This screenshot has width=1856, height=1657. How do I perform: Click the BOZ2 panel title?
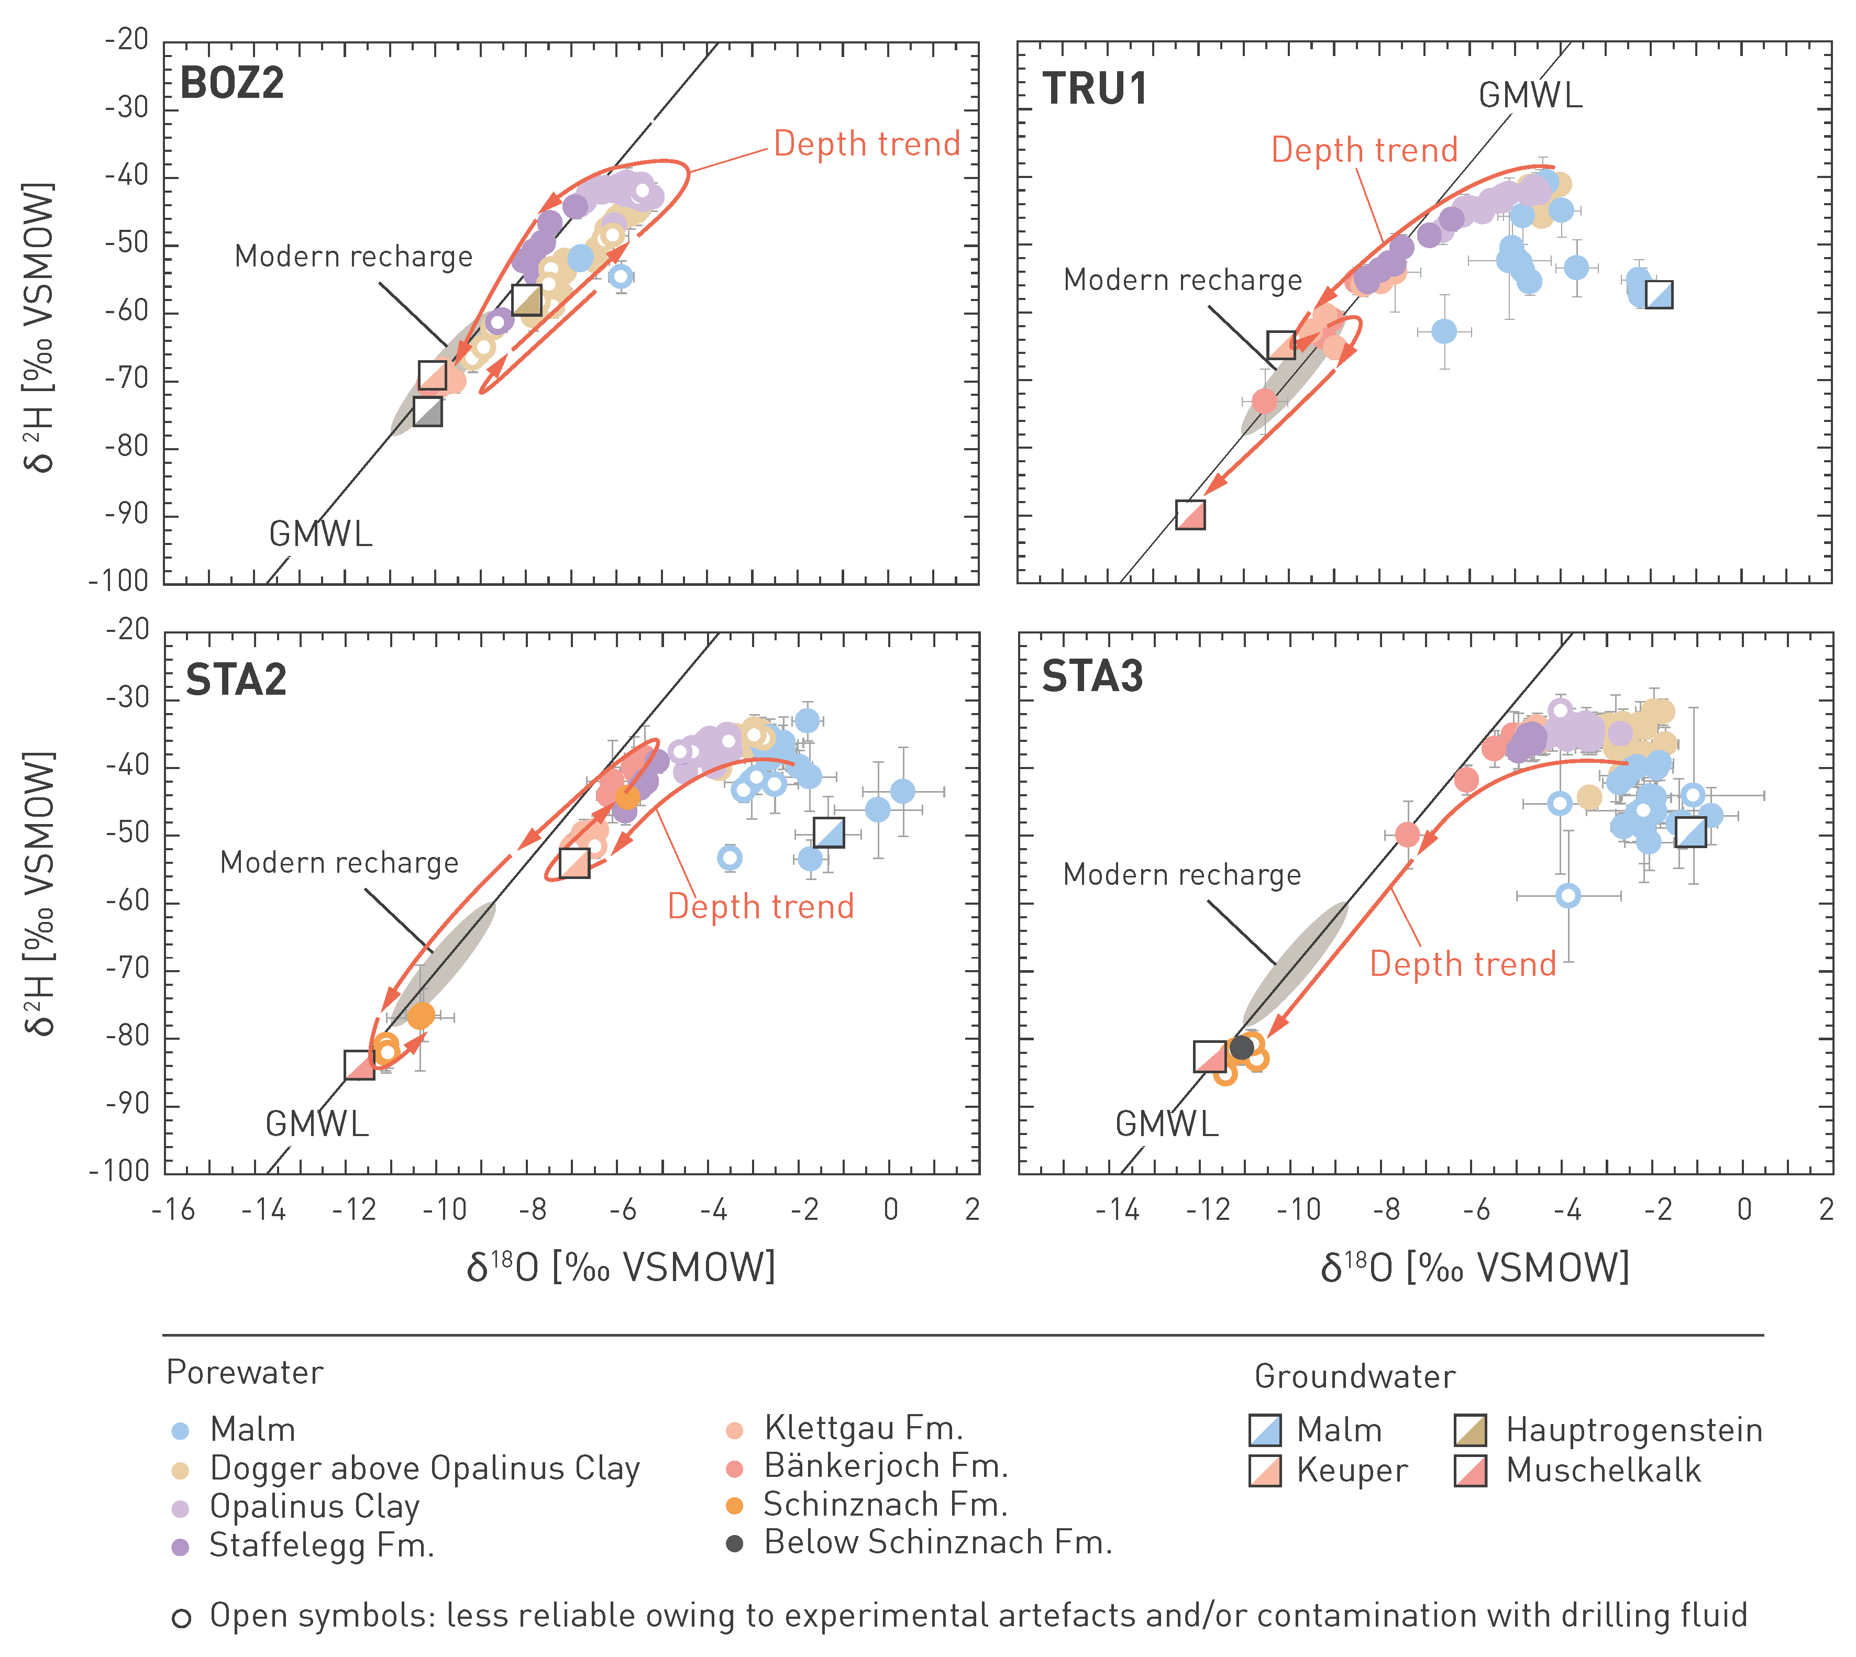[x=232, y=84]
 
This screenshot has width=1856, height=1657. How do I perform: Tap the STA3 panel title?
[x=1092, y=676]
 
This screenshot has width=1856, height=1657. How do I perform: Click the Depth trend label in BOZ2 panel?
[x=867, y=144]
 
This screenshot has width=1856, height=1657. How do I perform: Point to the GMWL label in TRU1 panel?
[x=1530, y=95]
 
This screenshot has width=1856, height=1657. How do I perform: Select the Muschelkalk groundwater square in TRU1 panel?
[x=1190, y=515]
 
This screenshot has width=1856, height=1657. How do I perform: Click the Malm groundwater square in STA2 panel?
[x=828, y=832]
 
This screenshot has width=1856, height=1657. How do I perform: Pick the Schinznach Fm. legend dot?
[x=735, y=1506]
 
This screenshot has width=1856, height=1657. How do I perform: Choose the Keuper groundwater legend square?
[x=1265, y=1471]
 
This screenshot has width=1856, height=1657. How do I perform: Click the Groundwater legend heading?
[x=1354, y=1376]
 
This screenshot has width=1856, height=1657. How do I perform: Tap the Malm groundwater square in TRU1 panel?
[x=1659, y=295]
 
